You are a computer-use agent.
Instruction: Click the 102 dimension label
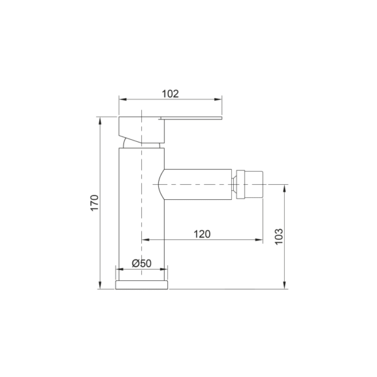tap(170, 94)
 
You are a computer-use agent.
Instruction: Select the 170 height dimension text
tap(94, 203)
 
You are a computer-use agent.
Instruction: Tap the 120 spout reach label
tap(202, 234)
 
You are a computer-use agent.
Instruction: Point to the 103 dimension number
tap(279, 237)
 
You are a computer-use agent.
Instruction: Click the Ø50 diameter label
tap(141, 263)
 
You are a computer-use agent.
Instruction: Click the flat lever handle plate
tap(190, 118)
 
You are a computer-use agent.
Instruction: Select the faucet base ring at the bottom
tap(141, 285)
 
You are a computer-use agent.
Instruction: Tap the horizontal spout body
tap(195, 184)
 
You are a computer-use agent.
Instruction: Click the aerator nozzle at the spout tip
tap(249, 185)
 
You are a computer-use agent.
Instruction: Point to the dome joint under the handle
tap(141, 144)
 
